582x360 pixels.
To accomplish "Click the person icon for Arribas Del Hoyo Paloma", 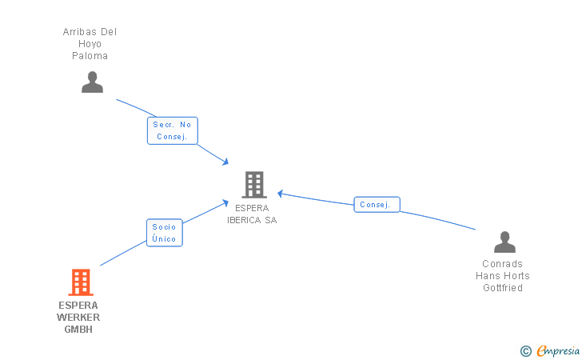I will click(93, 82).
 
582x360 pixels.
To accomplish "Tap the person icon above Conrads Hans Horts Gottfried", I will click(504, 242).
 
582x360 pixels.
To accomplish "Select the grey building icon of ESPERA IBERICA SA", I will click(253, 185).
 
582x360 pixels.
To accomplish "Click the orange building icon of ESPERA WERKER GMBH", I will click(80, 282).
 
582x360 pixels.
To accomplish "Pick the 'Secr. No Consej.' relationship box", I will click(172, 130).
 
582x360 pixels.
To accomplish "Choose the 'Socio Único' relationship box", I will click(164, 233).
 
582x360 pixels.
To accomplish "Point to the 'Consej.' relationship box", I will click(377, 205).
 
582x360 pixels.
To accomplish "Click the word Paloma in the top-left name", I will click(90, 56).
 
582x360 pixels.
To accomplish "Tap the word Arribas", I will click(79, 32).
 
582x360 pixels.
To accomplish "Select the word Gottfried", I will click(503, 288).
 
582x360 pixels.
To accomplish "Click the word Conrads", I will click(502, 264).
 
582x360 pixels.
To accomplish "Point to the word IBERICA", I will click(243, 220).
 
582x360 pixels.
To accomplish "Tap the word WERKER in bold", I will click(78, 317).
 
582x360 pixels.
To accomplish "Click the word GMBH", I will click(78, 329).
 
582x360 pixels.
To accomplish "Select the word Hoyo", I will click(90, 44).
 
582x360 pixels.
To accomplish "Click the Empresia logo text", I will click(557, 350).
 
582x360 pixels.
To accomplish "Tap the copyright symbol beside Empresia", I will click(525, 350).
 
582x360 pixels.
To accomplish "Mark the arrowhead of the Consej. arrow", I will click(281, 193).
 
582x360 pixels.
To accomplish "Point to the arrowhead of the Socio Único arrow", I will click(227, 202).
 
